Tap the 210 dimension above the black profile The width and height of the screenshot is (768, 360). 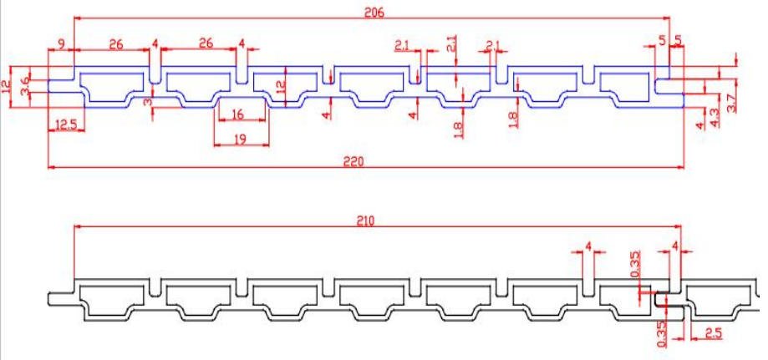click(365, 221)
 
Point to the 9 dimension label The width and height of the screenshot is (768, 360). click(61, 43)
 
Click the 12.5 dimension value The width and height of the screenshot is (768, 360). click(66, 125)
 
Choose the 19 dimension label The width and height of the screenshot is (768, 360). click(240, 139)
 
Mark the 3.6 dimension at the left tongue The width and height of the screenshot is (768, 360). click(25, 84)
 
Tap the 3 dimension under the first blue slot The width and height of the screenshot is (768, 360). click(147, 102)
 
